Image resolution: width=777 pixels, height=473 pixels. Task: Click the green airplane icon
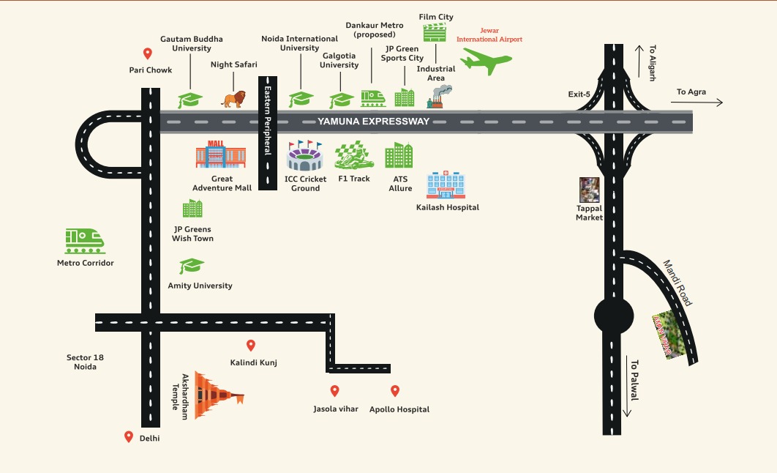coord(486,62)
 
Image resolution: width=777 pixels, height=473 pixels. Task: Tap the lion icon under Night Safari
coord(234,99)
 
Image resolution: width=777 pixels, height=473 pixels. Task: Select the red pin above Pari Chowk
coord(147,53)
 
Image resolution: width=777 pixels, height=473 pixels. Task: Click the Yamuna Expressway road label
coord(373,122)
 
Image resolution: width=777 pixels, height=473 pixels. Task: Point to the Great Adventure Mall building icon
coord(220,154)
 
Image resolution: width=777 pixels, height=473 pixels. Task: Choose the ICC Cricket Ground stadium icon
coord(304,156)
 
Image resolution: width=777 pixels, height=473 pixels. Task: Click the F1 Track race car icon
coord(354,155)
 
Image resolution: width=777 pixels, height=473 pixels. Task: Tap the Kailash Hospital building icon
coord(446,185)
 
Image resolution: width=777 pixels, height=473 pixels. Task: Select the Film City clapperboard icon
coord(435,32)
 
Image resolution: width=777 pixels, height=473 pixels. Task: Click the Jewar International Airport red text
coord(489,36)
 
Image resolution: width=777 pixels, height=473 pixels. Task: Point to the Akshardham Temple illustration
coord(217,396)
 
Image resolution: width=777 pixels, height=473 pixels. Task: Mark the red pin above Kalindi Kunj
coord(251,346)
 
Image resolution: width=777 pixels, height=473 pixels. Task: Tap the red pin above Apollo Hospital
coord(395,391)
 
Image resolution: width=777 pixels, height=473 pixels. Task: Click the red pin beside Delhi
coord(129,437)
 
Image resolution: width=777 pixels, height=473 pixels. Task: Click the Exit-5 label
coord(579,94)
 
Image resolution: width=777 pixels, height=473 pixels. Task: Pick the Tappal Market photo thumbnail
coord(589,190)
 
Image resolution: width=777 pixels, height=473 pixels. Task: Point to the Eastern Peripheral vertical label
coord(268,117)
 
